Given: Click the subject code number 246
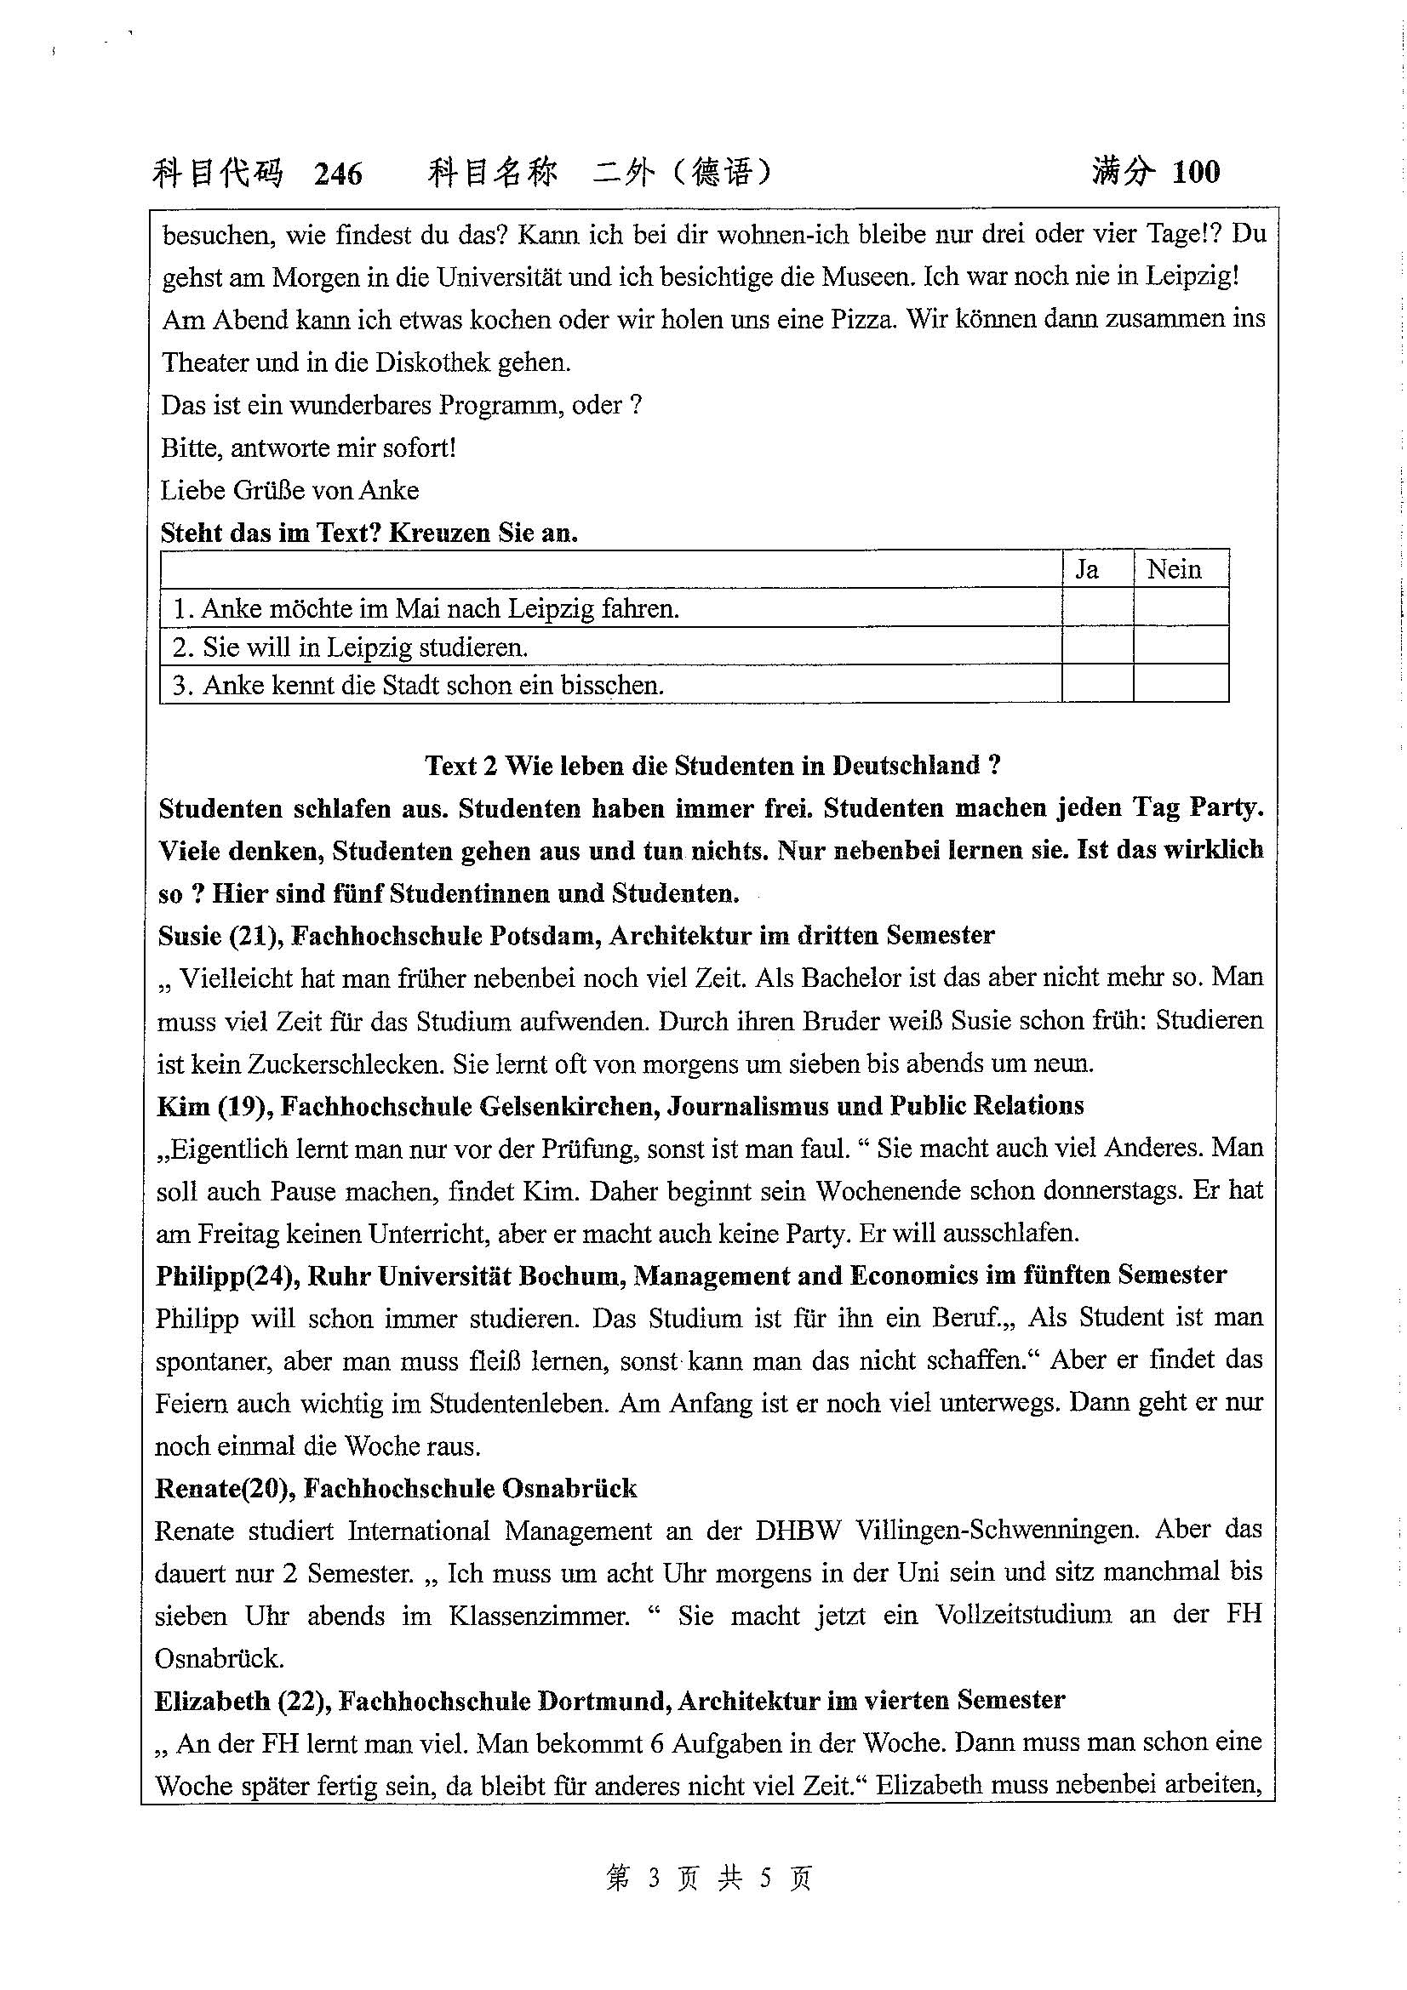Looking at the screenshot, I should [x=338, y=174].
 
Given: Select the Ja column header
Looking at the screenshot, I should [x=1087, y=569].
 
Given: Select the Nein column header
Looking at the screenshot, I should [x=1174, y=569].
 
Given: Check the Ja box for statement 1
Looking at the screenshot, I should [x=1096, y=607].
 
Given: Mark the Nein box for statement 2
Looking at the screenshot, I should [x=1180, y=646].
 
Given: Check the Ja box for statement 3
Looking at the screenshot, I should [x=1096, y=684].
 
